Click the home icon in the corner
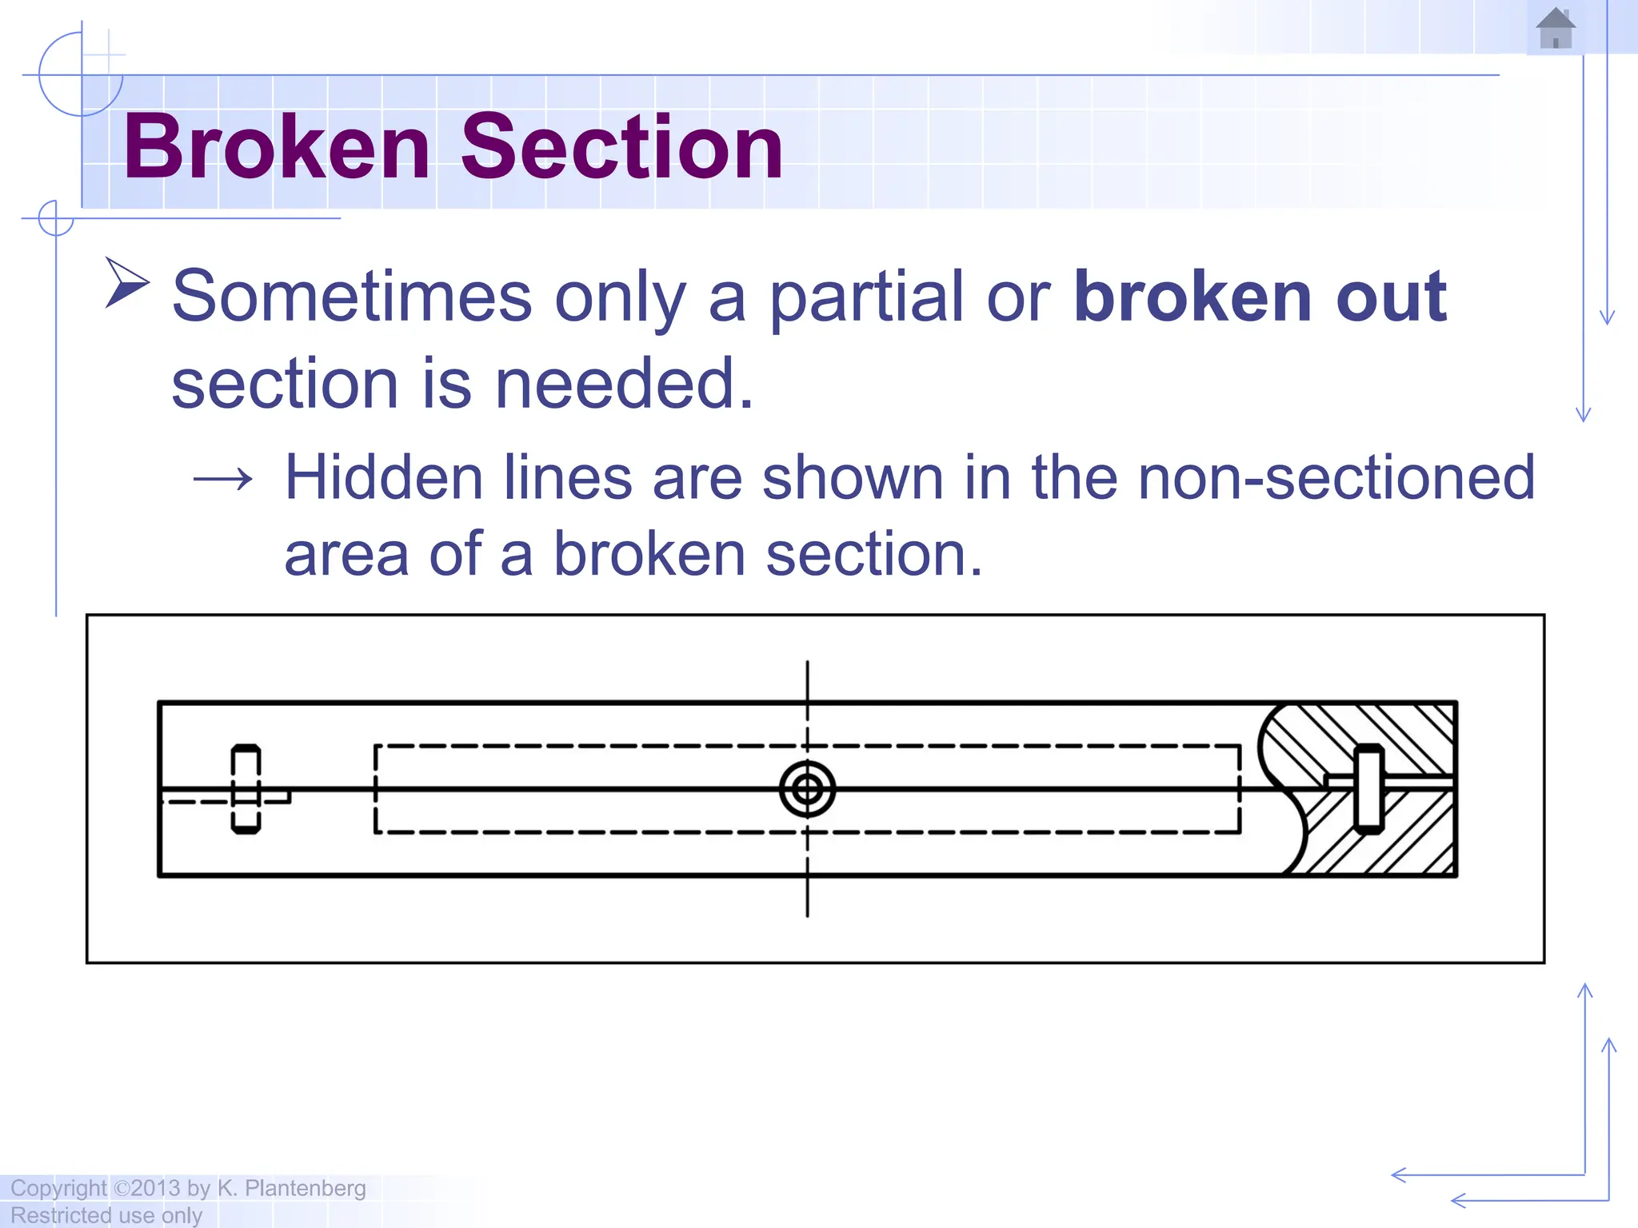click(1555, 29)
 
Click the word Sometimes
click(352, 297)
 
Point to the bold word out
click(1391, 297)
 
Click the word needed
click(624, 384)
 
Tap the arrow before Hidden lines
click(223, 480)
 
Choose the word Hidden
click(384, 478)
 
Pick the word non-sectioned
click(1336, 478)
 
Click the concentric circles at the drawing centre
click(807, 790)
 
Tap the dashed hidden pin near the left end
click(246, 789)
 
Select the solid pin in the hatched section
click(1368, 789)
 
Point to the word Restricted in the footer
click(60, 1215)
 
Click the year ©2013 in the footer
click(147, 1189)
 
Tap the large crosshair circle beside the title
click(81, 74)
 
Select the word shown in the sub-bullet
click(853, 478)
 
